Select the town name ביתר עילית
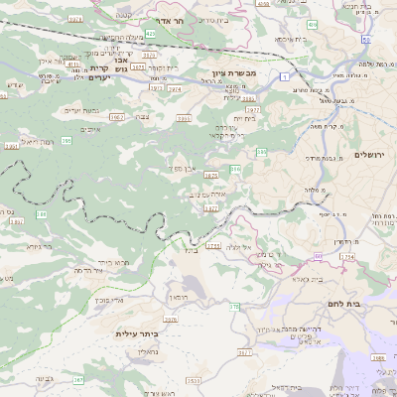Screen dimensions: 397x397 click(137, 333)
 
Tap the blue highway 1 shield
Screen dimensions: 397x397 click(285, 75)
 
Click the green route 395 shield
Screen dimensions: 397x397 click(66, 142)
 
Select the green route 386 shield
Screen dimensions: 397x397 click(235, 171)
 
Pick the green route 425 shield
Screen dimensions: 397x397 click(151, 34)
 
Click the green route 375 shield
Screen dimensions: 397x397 click(235, 307)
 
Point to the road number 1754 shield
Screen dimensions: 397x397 click(346, 256)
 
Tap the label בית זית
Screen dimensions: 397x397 click(244, 118)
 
